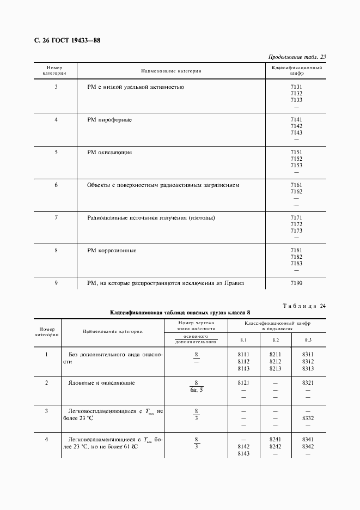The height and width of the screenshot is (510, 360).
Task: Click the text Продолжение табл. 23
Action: [x=297, y=57]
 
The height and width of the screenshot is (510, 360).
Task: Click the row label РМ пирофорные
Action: [x=109, y=119]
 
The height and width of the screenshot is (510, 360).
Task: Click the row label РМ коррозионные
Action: [x=112, y=250]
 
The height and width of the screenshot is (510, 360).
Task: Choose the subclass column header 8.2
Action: [x=275, y=340]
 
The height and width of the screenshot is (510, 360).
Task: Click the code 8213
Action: [x=275, y=368]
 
